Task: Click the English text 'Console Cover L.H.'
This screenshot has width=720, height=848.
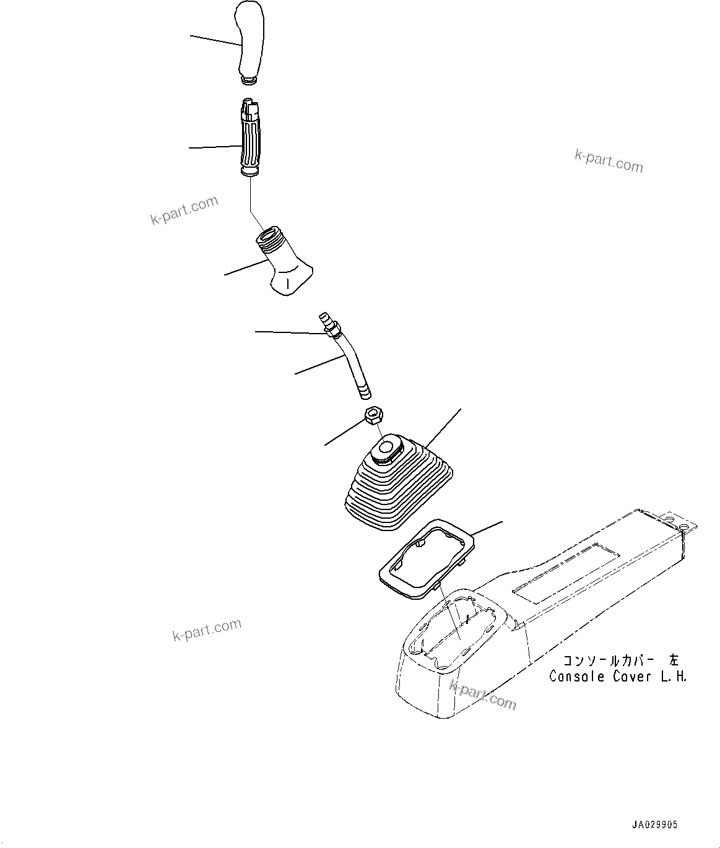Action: [x=617, y=676]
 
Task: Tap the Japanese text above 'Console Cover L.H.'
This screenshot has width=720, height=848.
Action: [x=620, y=660]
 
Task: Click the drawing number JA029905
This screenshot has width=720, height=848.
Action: [x=654, y=824]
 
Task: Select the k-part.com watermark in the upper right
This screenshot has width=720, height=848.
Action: [x=609, y=161]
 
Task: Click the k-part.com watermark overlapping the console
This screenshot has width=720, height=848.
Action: [x=482, y=694]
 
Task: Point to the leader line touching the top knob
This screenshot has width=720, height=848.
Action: [x=214, y=40]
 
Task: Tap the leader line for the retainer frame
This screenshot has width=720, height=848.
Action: [x=487, y=528]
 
